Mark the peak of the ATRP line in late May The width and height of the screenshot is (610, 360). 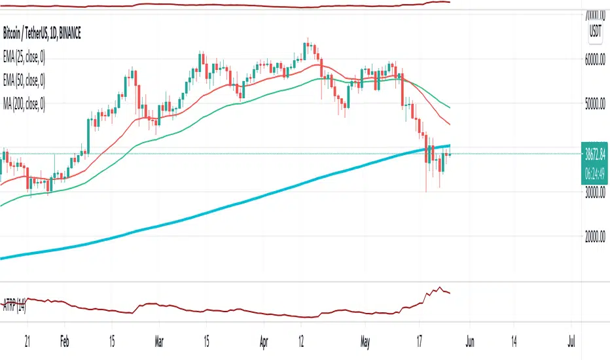439,288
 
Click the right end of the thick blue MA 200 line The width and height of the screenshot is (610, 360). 450,145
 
